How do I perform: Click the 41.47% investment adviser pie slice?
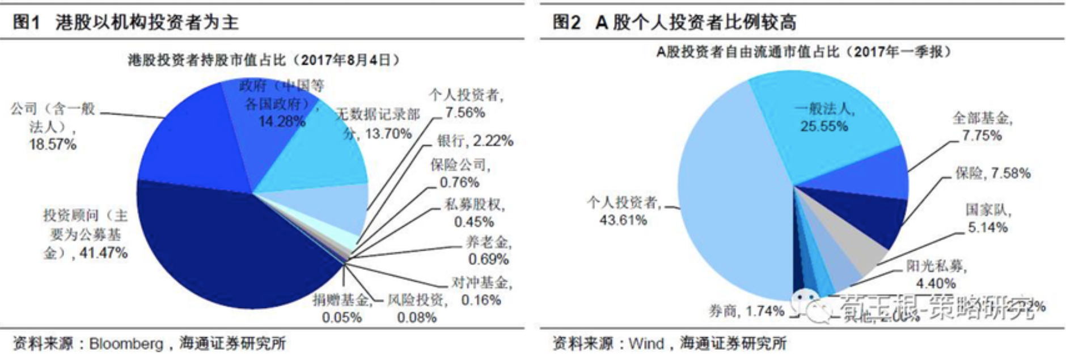pyautogui.click(x=227, y=249)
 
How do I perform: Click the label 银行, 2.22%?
pyautogui.click(x=475, y=141)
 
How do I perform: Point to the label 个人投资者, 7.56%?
pyautogui.click(x=466, y=104)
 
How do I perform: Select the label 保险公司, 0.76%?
pyautogui.click(x=460, y=173)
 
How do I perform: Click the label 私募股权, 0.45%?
pyautogui.click(x=474, y=213)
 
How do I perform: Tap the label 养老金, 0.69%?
pyautogui.click(x=488, y=251)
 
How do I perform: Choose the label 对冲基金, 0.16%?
pyautogui.click(x=481, y=291)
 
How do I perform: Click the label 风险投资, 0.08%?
pyautogui.click(x=417, y=308)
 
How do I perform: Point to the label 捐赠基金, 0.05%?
pyautogui.click(x=341, y=308)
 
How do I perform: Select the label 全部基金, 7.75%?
pyautogui.click(x=982, y=126)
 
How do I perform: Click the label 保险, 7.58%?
pyautogui.click(x=992, y=173)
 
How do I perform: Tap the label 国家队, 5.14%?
pyautogui.click(x=988, y=219)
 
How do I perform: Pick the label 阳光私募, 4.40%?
pyautogui.click(x=936, y=274)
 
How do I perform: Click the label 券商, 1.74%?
pyautogui.click(x=746, y=311)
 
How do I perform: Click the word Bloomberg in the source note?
pyautogui.click(x=126, y=344)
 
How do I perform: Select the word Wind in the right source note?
pyautogui.click(x=646, y=344)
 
